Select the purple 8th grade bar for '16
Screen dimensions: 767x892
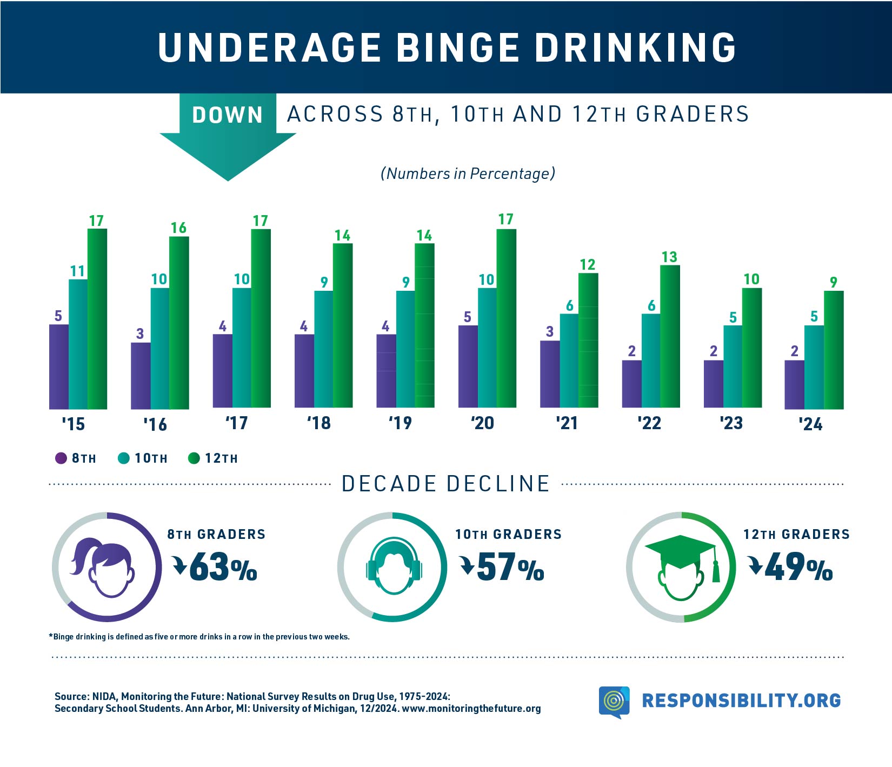(x=141, y=376)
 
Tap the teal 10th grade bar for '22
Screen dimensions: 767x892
(x=651, y=361)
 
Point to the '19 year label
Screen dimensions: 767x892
(x=400, y=423)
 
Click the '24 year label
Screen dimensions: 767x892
(x=810, y=424)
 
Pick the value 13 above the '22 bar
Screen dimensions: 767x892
(x=669, y=257)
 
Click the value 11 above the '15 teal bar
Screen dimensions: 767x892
(x=78, y=271)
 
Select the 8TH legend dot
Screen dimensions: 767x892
(x=61, y=458)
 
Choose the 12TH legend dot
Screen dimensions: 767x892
(x=194, y=458)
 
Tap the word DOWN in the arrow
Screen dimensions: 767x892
(x=228, y=115)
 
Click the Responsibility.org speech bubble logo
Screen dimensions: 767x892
(x=614, y=702)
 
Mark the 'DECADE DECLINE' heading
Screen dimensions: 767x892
(x=446, y=484)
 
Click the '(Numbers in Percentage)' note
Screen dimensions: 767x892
(x=468, y=174)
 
